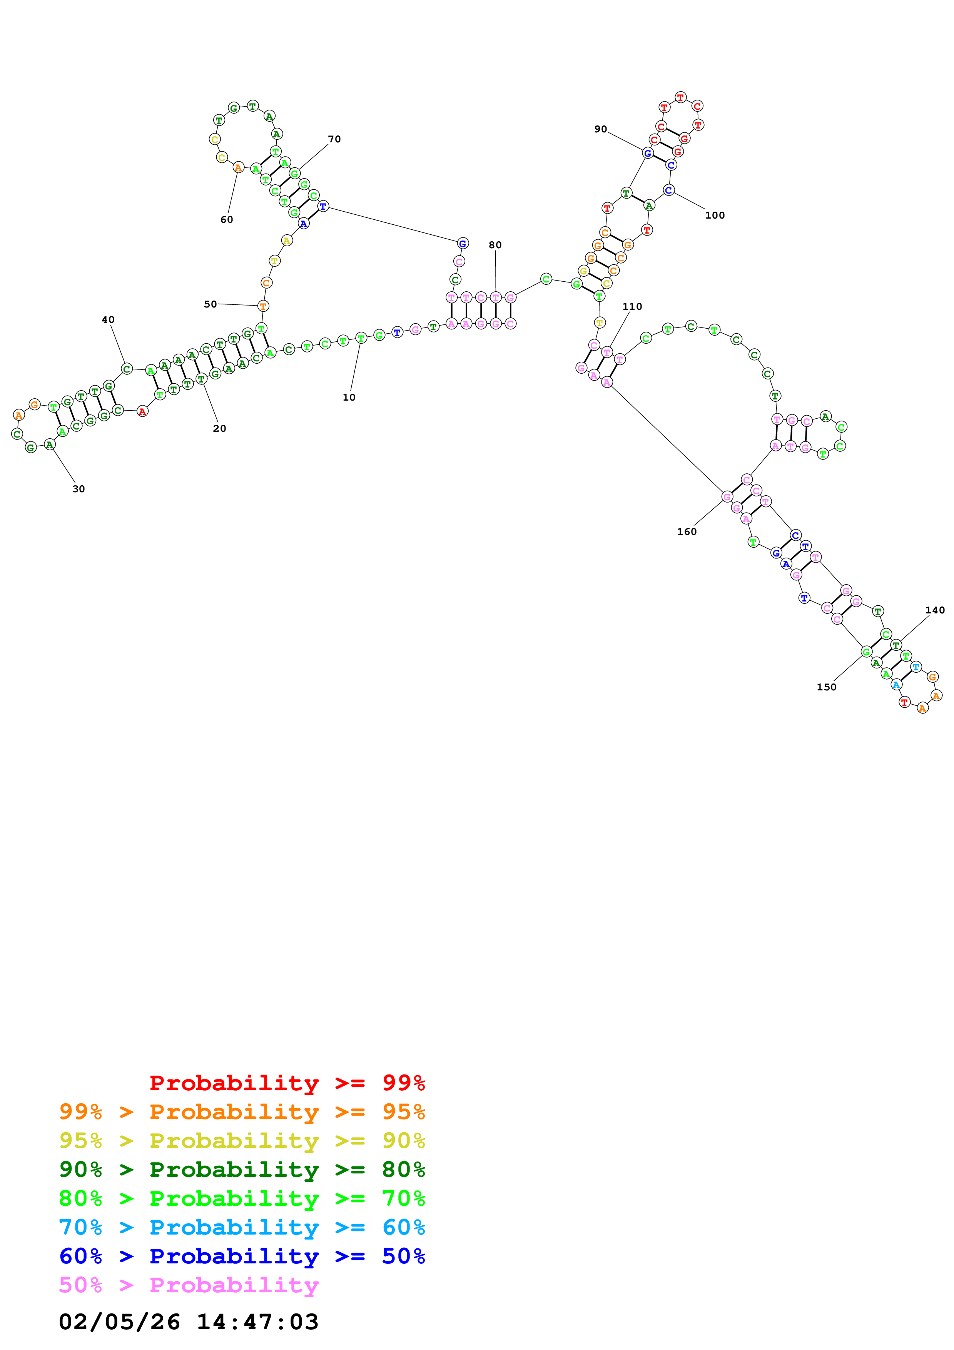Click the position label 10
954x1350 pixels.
[x=349, y=398]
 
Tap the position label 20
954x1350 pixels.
[x=219, y=429]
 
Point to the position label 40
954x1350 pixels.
[x=108, y=320]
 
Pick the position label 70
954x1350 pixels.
[x=334, y=139]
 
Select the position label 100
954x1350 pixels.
[x=715, y=216]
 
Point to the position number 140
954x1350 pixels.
[x=935, y=610]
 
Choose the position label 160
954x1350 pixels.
[x=687, y=532]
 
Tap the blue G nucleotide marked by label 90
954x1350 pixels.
[x=647, y=154]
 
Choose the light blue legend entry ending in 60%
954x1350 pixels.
[x=242, y=1228]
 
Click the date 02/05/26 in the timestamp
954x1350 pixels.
[x=119, y=1322]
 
